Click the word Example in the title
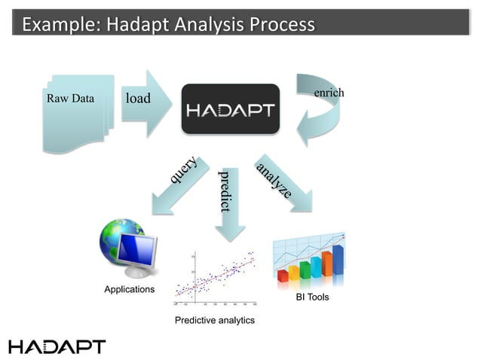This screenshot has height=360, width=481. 60,24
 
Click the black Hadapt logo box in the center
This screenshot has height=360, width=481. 230,110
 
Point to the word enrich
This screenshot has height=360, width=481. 328,93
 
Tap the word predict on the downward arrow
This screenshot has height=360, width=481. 224,191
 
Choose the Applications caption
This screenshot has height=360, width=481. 129,289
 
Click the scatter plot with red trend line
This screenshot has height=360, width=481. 216,279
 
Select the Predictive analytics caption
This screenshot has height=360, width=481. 215,321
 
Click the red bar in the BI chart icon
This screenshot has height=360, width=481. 283,276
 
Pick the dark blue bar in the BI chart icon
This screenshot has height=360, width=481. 338,260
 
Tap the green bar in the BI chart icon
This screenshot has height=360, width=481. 305,270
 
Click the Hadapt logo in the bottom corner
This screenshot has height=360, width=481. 57,346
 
